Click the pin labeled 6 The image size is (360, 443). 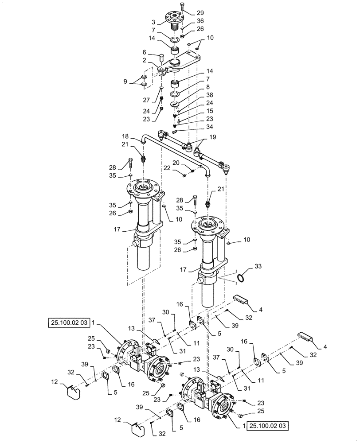click(161, 57)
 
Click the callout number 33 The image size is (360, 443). click(258, 266)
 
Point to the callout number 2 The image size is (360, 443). click(145, 60)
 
